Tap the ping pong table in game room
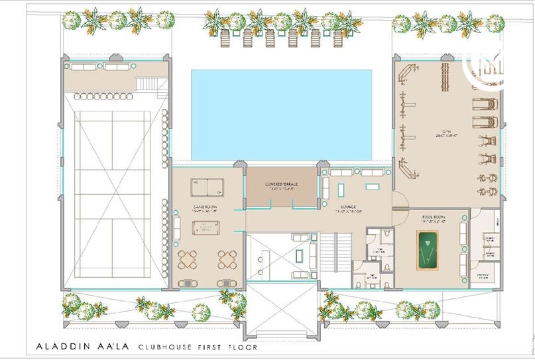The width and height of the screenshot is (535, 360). coord(208,188)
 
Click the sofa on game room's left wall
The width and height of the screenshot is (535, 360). coord(177,226)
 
